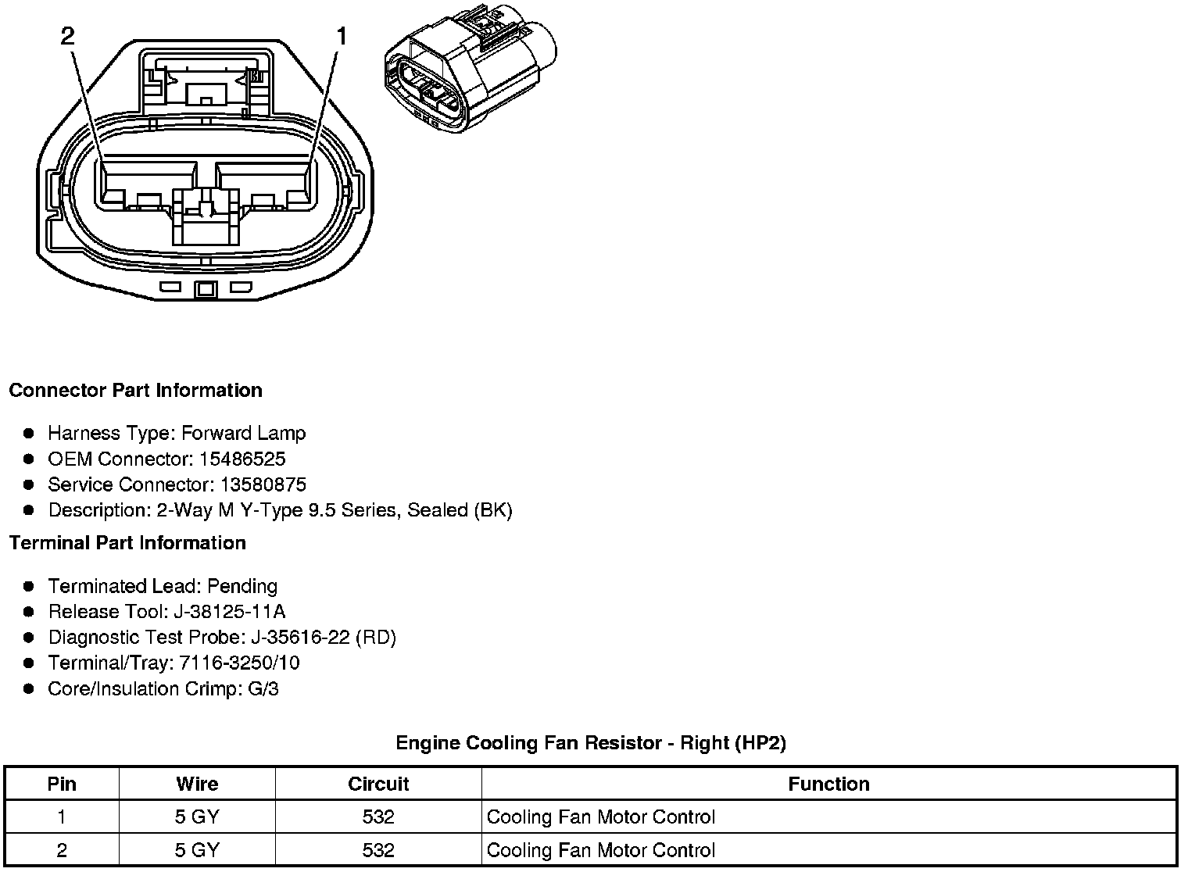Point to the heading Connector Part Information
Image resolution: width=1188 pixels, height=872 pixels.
135,390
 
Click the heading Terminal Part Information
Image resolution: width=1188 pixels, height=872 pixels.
127,542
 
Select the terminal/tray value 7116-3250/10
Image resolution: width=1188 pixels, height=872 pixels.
239,663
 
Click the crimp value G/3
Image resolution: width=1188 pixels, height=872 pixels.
262,688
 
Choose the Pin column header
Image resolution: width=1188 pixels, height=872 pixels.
62,784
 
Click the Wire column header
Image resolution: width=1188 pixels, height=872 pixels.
197,784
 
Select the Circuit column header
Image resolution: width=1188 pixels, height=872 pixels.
378,784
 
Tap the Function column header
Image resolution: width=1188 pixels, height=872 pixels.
828,784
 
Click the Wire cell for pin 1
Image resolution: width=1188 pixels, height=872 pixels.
197,817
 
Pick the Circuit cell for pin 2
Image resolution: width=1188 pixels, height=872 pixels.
378,850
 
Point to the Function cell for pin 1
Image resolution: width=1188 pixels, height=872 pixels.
600,817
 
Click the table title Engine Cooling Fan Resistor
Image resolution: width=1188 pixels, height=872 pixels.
590,742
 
